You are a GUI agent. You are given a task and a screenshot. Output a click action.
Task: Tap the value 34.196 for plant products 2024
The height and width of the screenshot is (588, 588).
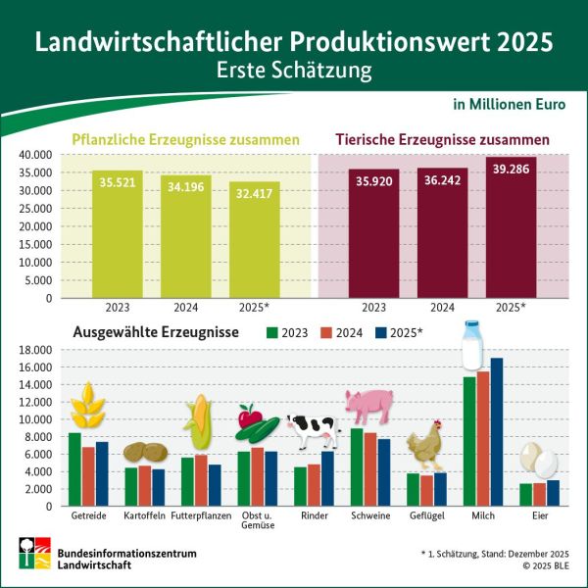(x=186, y=186)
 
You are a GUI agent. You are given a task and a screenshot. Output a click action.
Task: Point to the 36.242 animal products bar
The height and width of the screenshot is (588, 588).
(x=442, y=235)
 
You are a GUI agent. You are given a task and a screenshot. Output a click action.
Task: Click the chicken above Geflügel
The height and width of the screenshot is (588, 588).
(x=424, y=446)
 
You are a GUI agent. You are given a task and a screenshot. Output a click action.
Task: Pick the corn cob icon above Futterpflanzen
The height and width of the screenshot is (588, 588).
(x=200, y=421)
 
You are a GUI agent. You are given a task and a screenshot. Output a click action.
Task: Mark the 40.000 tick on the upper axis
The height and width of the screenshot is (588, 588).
(x=34, y=155)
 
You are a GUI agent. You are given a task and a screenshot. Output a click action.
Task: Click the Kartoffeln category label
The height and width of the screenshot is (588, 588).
(x=144, y=515)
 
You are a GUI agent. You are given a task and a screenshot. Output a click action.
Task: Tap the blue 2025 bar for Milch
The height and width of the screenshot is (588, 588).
(x=497, y=431)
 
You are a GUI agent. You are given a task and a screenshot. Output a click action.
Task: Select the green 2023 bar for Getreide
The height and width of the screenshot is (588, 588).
(x=74, y=468)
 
